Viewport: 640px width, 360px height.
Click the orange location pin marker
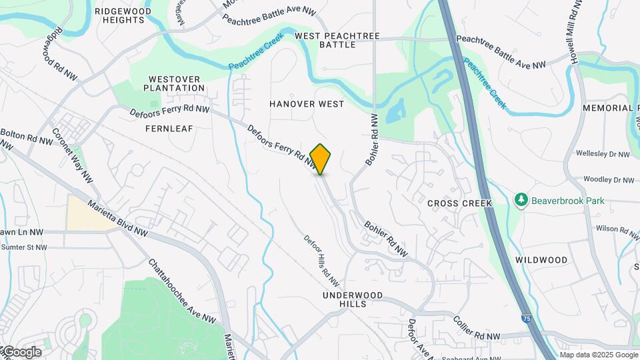click(x=321, y=159)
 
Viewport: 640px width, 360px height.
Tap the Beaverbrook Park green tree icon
click(x=521, y=199)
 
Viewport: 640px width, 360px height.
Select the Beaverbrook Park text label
click(x=557, y=199)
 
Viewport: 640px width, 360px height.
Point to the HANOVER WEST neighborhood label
click(x=307, y=104)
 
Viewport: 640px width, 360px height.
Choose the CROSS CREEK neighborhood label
click(x=459, y=203)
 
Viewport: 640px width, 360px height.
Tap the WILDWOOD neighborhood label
click(x=541, y=260)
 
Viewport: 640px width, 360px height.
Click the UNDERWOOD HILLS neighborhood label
click(x=353, y=299)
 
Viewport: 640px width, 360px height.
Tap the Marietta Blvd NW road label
click(x=117, y=220)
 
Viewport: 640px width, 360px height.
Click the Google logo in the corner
click(x=21, y=351)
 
